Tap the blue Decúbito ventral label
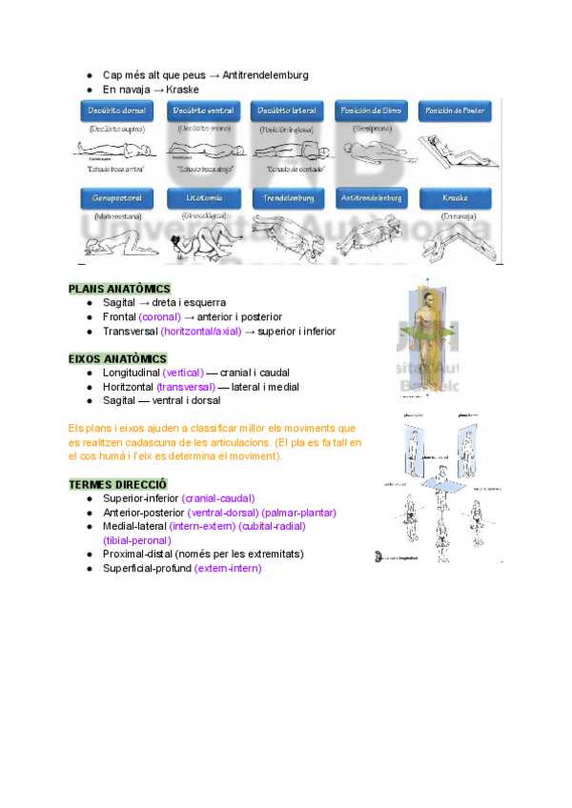click(x=201, y=111)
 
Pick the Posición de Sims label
click(x=372, y=111)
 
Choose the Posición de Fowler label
click(x=456, y=111)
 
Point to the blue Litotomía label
click(x=201, y=198)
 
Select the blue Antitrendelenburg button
click(x=372, y=198)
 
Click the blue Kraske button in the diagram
click(x=456, y=198)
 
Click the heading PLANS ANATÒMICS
click(x=119, y=289)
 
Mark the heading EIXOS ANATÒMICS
click(x=117, y=359)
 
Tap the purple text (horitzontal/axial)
click(x=201, y=332)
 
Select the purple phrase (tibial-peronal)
click(x=136, y=540)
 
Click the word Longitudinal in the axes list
click(x=132, y=373)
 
